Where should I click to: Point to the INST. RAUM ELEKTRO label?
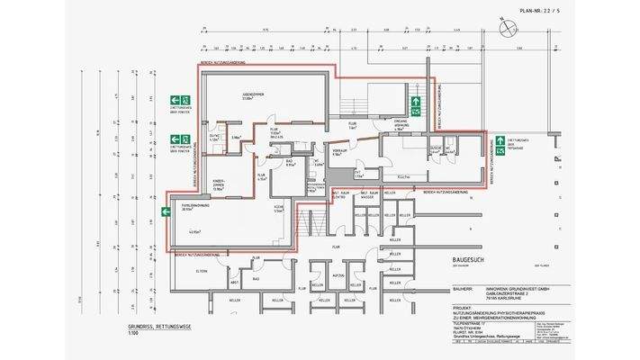(342, 194)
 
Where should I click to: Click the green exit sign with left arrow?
(166, 212)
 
